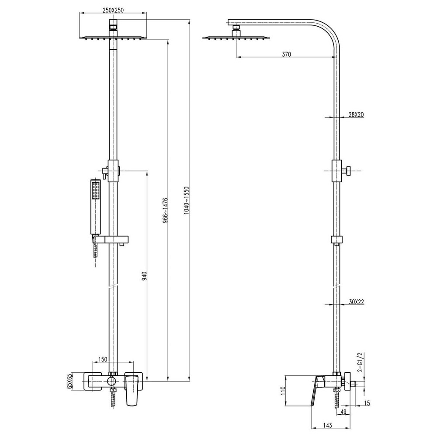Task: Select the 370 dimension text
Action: pos(286,54)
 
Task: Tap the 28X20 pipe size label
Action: pos(356,114)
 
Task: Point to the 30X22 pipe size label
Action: pos(357,302)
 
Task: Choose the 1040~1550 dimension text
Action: pos(187,200)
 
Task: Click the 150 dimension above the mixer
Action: pos(103,359)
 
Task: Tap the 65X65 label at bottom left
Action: pos(69,381)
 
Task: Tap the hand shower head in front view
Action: pos(96,205)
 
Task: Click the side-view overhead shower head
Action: pos(236,38)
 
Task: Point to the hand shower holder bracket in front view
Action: pos(112,239)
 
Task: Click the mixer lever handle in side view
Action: pos(317,391)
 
